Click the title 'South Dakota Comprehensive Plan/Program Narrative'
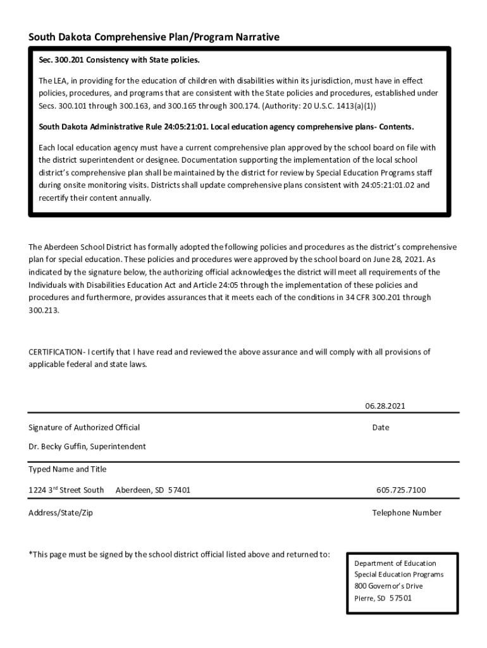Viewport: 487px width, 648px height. pos(154,37)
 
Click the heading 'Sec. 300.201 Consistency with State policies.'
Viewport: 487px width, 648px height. pos(119,60)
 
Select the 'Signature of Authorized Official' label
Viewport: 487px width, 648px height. pos(84,428)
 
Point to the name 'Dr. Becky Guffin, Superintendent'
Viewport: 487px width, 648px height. pos(87,447)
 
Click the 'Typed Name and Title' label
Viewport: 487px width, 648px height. pos(68,470)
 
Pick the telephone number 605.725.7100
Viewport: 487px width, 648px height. pos(401,490)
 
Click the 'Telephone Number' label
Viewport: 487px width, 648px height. pos(407,513)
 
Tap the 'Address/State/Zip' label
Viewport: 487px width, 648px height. pos(61,513)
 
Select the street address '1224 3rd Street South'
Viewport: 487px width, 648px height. pos(66,490)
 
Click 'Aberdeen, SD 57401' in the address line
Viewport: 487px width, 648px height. pos(153,490)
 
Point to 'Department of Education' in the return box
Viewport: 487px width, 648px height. pos(395,563)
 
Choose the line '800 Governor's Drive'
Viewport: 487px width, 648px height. pos(388,586)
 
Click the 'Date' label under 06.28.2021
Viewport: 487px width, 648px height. pos(381,428)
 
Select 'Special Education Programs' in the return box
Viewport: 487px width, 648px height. pos(399,575)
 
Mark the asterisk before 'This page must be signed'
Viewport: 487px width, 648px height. pos(30,554)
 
